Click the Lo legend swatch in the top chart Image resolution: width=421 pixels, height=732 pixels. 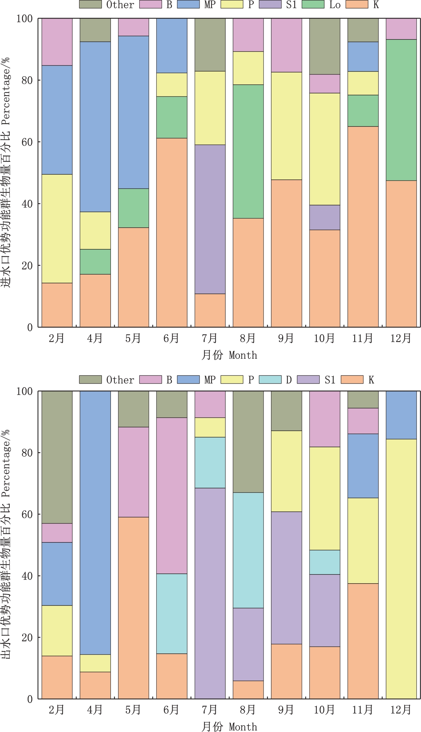click(313, 4)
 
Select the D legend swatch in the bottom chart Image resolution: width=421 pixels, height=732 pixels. click(270, 379)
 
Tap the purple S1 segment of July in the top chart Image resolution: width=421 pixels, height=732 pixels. click(210, 219)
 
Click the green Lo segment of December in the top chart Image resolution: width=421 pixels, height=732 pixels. click(401, 110)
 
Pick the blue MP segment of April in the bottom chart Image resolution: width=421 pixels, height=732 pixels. click(95, 523)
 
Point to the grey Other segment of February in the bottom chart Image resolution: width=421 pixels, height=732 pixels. click(57, 457)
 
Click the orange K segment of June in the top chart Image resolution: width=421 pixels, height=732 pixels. click(172, 232)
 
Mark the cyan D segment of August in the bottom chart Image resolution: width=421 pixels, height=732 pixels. click(248, 550)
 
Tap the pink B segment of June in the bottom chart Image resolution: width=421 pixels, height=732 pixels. click(172, 496)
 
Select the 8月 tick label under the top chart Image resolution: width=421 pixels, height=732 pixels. click(248, 338)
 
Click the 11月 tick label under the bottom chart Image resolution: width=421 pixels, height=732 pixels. click(363, 710)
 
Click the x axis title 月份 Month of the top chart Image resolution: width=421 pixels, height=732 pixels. click(229, 355)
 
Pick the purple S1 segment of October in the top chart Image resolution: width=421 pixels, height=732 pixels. click(325, 217)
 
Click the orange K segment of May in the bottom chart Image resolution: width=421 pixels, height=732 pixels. click(133, 608)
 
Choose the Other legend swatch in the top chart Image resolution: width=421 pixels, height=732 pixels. click(90, 4)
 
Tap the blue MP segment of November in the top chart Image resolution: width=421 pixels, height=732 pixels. click(363, 56)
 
